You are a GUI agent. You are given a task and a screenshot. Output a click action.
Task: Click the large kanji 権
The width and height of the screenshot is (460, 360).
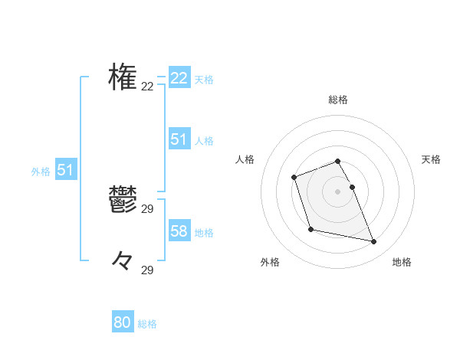(123, 77)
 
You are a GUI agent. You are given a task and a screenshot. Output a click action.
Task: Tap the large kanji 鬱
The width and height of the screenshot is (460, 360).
(123, 200)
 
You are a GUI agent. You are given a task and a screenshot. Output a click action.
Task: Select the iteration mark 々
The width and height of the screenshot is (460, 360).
(123, 261)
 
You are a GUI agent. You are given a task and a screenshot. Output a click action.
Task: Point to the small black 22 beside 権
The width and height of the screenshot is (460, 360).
(147, 87)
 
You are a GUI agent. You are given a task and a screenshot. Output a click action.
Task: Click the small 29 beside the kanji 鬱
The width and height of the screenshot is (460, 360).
(147, 208)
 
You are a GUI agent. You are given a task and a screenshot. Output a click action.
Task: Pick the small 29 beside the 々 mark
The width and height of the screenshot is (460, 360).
(147, 270)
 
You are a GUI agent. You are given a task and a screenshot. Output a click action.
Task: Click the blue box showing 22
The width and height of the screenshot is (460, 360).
(179, 78)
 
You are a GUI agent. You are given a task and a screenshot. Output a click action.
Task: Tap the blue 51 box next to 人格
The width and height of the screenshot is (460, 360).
(179, 139)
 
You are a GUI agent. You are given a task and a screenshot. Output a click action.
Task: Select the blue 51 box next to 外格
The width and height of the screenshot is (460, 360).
(65, 171)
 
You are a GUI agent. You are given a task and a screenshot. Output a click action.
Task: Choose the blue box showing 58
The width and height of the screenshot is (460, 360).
(179, 231)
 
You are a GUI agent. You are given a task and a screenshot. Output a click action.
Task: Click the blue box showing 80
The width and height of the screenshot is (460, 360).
(123, 323)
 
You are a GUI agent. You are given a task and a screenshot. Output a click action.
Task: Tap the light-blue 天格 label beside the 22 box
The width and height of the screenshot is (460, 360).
(204, 80)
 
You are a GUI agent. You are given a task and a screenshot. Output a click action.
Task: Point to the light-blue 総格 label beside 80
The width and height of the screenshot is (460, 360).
(147, 325)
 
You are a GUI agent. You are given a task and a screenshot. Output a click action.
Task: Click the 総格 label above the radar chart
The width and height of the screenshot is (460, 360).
(338, 100)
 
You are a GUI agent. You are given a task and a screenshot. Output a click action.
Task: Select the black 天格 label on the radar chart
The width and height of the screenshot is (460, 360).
(431, 159)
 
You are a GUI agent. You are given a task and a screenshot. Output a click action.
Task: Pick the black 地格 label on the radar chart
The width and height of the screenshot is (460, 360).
(402, 262)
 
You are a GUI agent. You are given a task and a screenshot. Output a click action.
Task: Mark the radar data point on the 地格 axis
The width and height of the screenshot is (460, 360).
(374, 242)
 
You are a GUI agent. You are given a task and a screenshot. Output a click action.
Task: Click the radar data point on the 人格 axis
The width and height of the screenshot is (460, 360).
(294, 178)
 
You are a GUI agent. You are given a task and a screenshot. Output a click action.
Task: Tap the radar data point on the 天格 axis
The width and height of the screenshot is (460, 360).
(352, 187)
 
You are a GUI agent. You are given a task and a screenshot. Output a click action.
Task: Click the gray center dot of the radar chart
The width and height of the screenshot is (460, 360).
(338, 191)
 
